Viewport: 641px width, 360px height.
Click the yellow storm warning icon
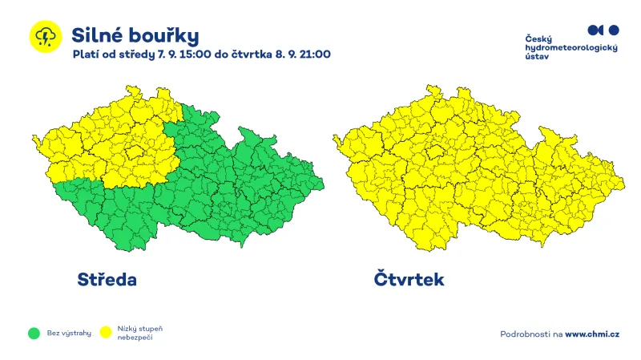[x=45, y=37]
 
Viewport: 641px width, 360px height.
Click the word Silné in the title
[x=95, y=35]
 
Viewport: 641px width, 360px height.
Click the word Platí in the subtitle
[x=85, y=55]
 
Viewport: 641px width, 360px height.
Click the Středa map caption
[x=107, y=280]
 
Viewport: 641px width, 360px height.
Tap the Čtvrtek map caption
[x=408, y=280]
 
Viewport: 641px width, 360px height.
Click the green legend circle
[x=34, y=333]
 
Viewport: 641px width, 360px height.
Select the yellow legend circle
[x=105, y=333]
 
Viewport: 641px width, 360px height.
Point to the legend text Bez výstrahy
[x=69, y=333]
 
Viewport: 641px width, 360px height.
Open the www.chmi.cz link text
[x=592, y=333]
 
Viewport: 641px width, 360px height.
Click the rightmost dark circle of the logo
[x=614, y=30]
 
